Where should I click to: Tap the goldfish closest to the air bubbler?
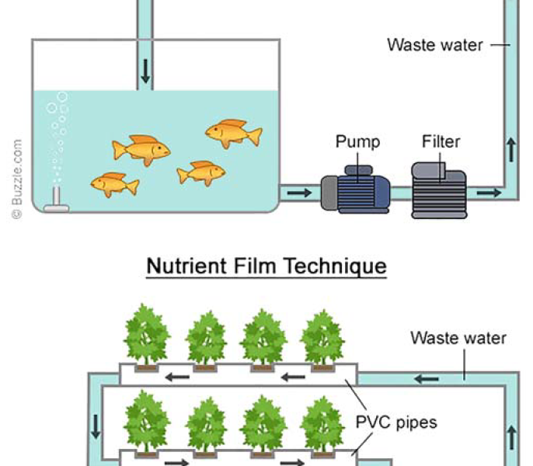114,184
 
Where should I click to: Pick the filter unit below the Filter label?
439,190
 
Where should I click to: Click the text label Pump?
357,141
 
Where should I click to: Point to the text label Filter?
441,141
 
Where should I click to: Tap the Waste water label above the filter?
435,44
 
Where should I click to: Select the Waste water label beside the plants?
458,338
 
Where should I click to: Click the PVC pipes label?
396,423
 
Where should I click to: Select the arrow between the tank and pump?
297,191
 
